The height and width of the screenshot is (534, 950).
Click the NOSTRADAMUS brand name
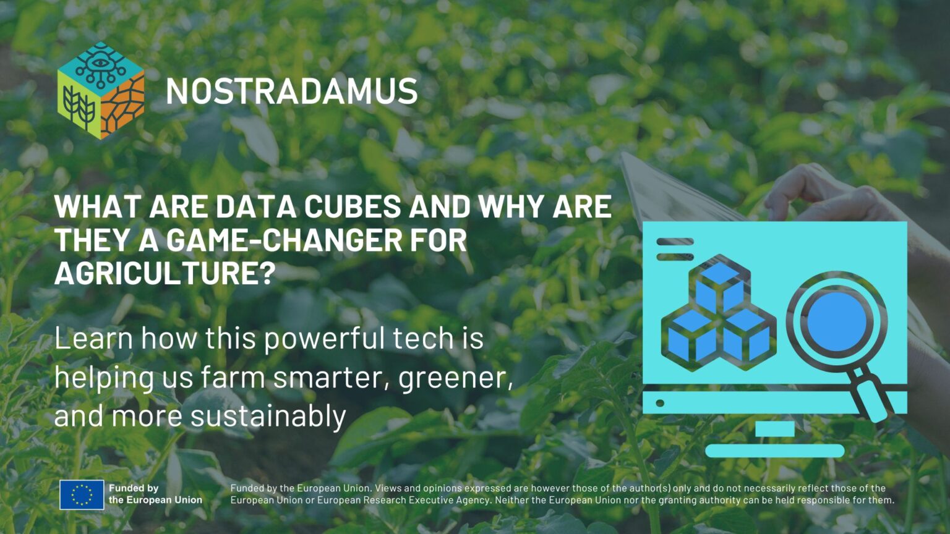coord(291,91)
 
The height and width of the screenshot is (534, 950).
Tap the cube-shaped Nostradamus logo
coord(101,90)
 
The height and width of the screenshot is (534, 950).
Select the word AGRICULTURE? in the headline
coord(165,273)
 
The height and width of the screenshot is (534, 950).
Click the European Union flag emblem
coord(82,494)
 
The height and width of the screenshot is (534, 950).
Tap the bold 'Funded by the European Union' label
coord(155,494)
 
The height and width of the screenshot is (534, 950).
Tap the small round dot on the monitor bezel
coord(660,403)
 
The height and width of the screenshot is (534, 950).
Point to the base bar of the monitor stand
coord(774,451)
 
